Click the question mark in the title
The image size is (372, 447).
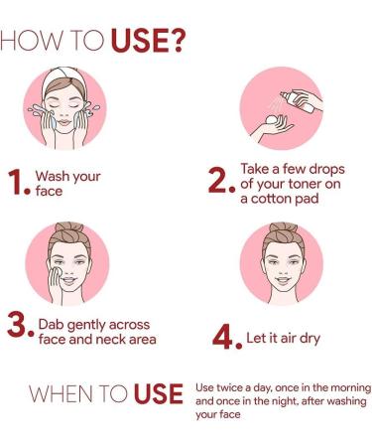pyautogui.click(x=175, y=42)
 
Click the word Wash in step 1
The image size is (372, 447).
pyautogui.click(x=54, y=177)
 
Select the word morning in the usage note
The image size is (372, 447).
pyautogui.click(x=345, y=386)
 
